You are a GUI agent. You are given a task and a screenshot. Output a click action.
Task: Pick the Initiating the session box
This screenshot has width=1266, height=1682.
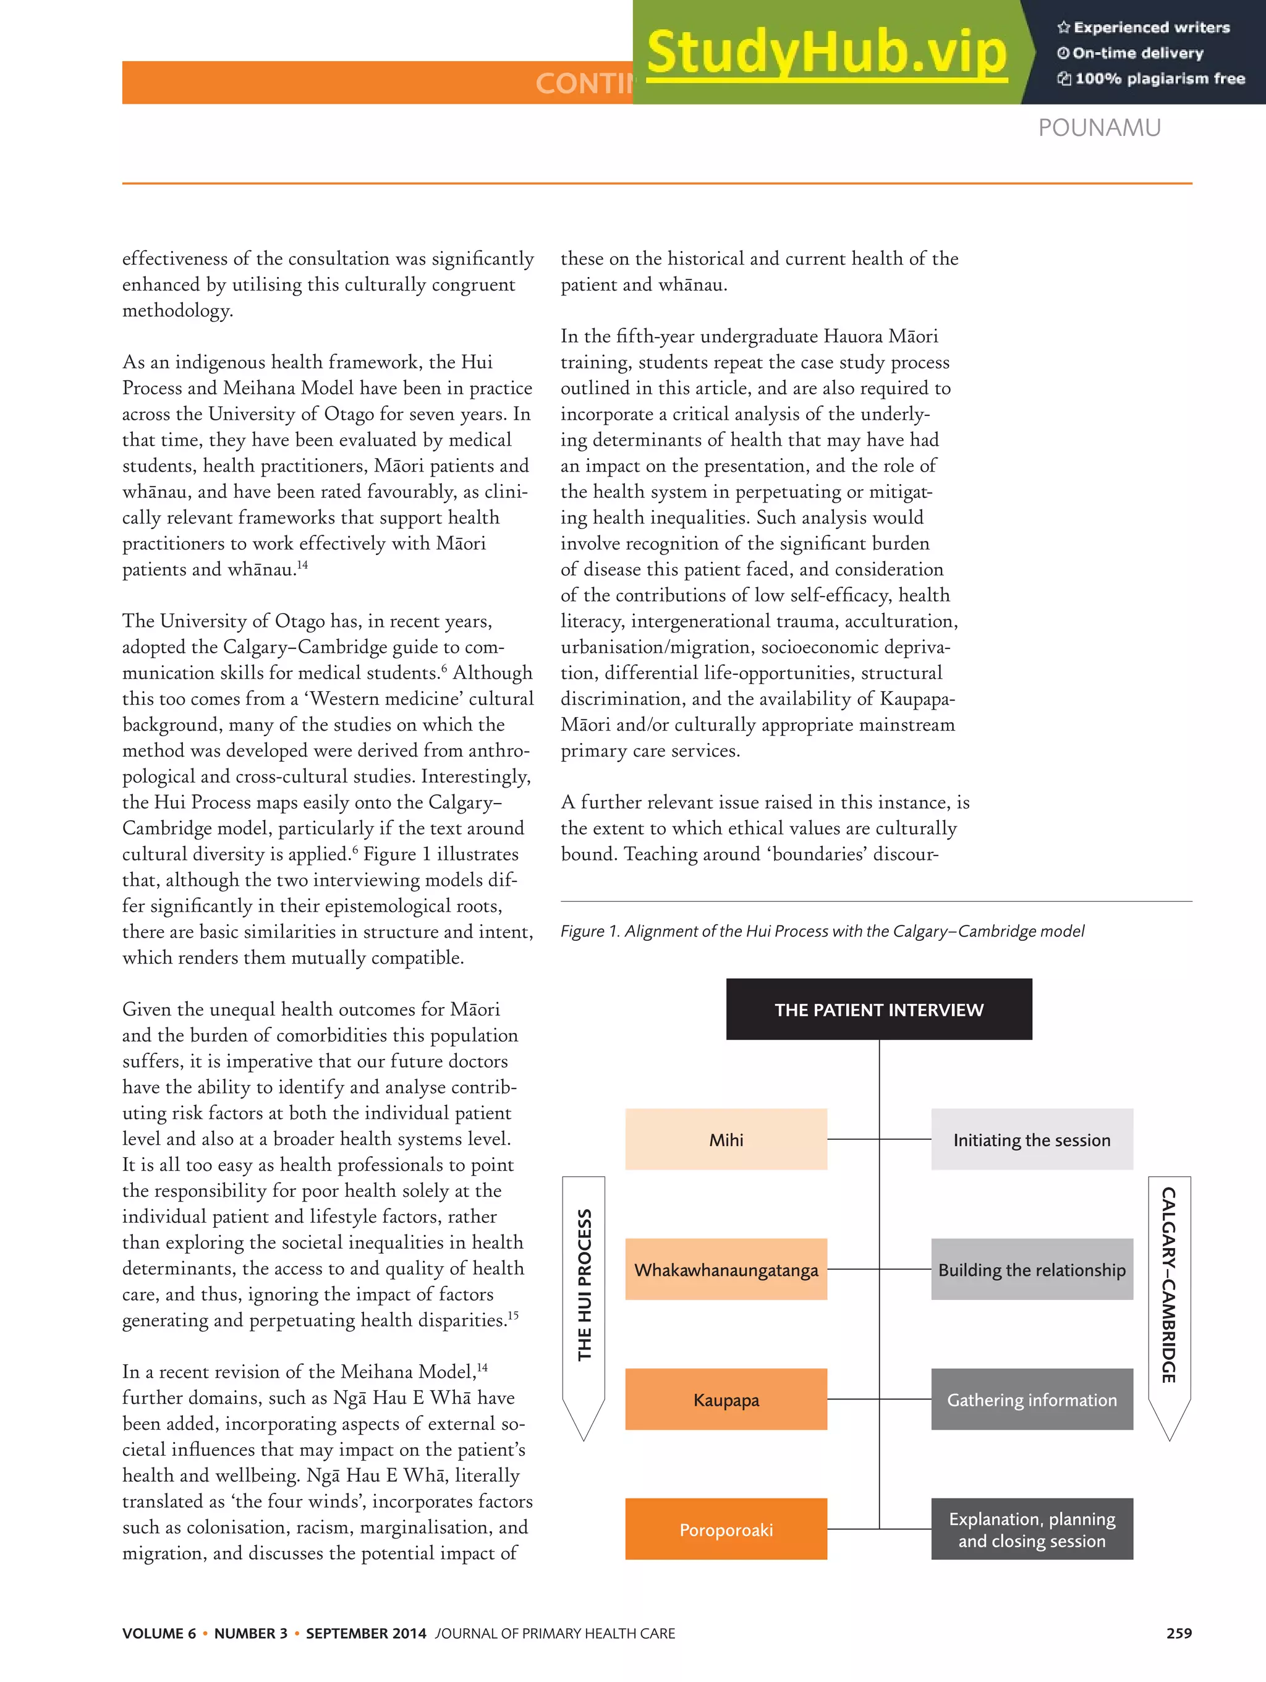click(x=1031, y=1139)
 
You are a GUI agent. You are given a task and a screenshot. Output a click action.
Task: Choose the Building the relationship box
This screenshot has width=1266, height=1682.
click(x=1031, y=1269)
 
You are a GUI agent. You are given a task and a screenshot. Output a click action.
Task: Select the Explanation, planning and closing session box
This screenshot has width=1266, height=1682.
click(x=1031, y=1529)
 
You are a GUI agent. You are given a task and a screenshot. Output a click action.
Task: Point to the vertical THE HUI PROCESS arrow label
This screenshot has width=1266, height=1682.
click(x=584, y=1285)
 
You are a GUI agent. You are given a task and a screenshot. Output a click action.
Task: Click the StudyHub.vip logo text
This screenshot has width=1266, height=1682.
click(x=826, y=52)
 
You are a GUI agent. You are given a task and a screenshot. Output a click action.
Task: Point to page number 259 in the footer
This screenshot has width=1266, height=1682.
click(x=1179, y=1633)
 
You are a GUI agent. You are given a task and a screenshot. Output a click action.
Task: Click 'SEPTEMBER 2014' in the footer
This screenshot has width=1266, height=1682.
click(x=366, y=1633)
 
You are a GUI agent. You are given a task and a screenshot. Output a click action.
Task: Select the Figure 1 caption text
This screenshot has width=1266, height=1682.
click(x=822, y=931)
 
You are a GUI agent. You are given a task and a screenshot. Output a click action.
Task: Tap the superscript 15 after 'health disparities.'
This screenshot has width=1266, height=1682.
click(x=513, y=1315)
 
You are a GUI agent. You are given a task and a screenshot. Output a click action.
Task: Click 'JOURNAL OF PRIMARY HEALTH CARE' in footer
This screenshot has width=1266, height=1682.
click(x=555, y=1633)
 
